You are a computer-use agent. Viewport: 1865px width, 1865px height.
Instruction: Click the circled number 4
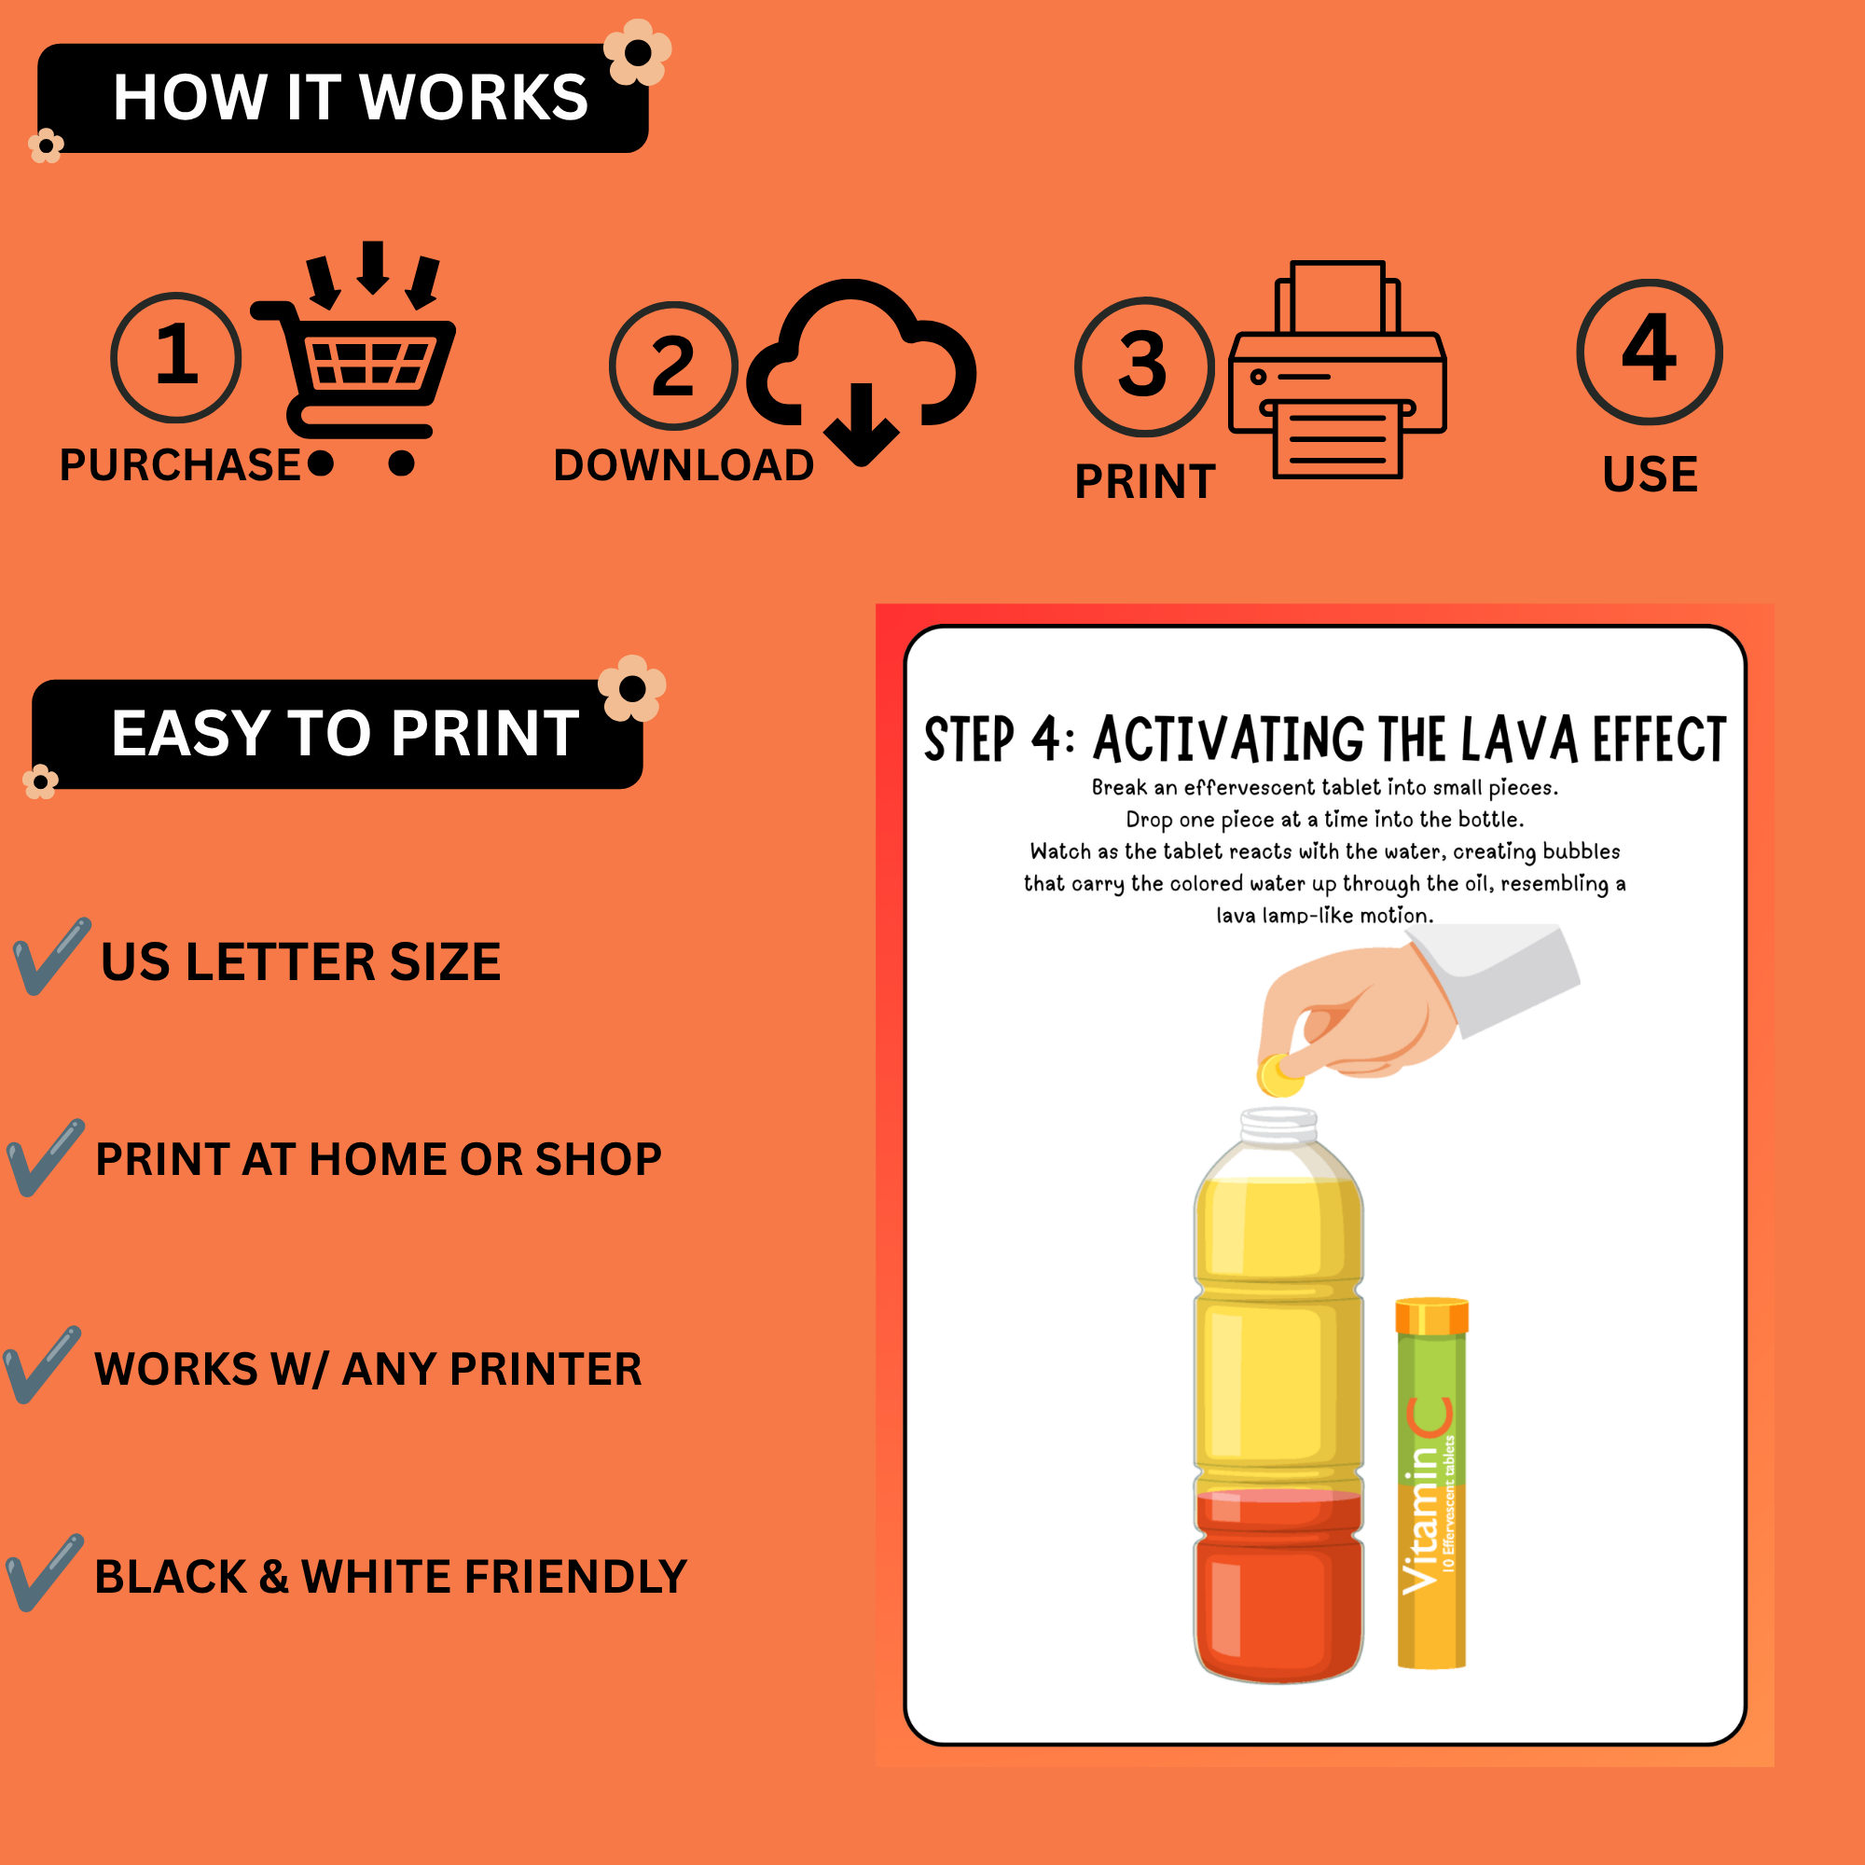[x=1650, y=352]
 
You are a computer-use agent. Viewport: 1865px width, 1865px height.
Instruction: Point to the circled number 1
[x=175, y=357]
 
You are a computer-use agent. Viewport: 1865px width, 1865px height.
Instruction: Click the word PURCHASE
[x=181, y=465]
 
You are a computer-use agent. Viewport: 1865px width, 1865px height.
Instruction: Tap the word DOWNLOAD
[x=684, y=465]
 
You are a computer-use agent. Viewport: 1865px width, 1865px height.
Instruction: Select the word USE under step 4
[x=1650, y=474]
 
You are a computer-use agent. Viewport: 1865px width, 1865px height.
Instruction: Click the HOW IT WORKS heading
[x=351, y=98]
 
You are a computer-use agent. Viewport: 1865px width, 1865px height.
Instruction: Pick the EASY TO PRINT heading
[x=345, y=734]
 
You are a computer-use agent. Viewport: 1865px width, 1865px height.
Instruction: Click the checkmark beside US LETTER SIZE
[x=51, y=956]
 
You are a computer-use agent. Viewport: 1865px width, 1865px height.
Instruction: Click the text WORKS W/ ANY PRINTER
[x=367, y=1369]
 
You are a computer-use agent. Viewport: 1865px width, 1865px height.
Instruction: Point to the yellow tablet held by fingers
[x=1279, y=1074]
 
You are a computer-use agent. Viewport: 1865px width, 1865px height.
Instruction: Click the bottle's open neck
[x=1278, y=1125]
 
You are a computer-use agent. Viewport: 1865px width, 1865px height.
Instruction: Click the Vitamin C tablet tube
[x=1431, y=1483]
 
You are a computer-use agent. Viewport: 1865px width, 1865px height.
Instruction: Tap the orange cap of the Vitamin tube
[x=1431, y=1316]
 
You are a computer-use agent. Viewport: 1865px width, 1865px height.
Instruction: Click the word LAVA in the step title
[x=1520, y=739]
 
